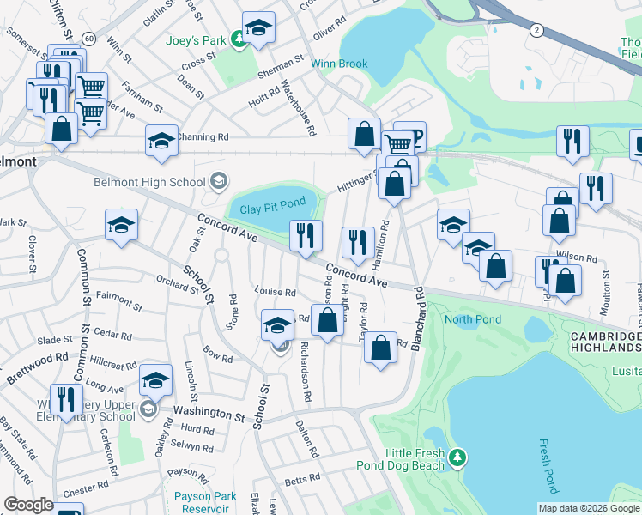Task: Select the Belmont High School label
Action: pos(150,182)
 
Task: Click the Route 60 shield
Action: pos(88,38)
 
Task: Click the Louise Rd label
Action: pos(274,292)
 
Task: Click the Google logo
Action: pos(28,505)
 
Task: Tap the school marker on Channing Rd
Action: pos(161,140)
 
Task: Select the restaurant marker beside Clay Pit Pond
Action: pos(306,235)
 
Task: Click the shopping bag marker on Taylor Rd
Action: pos(380,347)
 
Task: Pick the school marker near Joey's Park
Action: pos(258,27)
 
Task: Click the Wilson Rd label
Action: pos(576,257)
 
